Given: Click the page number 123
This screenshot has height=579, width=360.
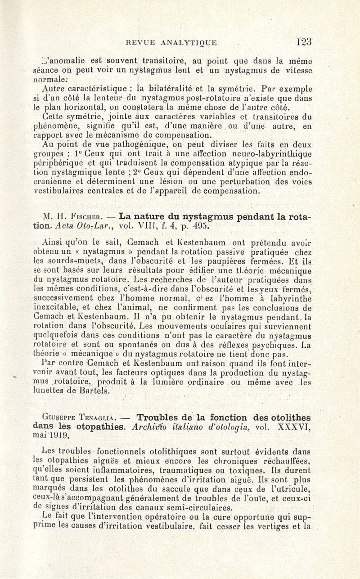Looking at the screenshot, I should [304, 42].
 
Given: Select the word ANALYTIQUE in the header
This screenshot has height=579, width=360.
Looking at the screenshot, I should [187, 43].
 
